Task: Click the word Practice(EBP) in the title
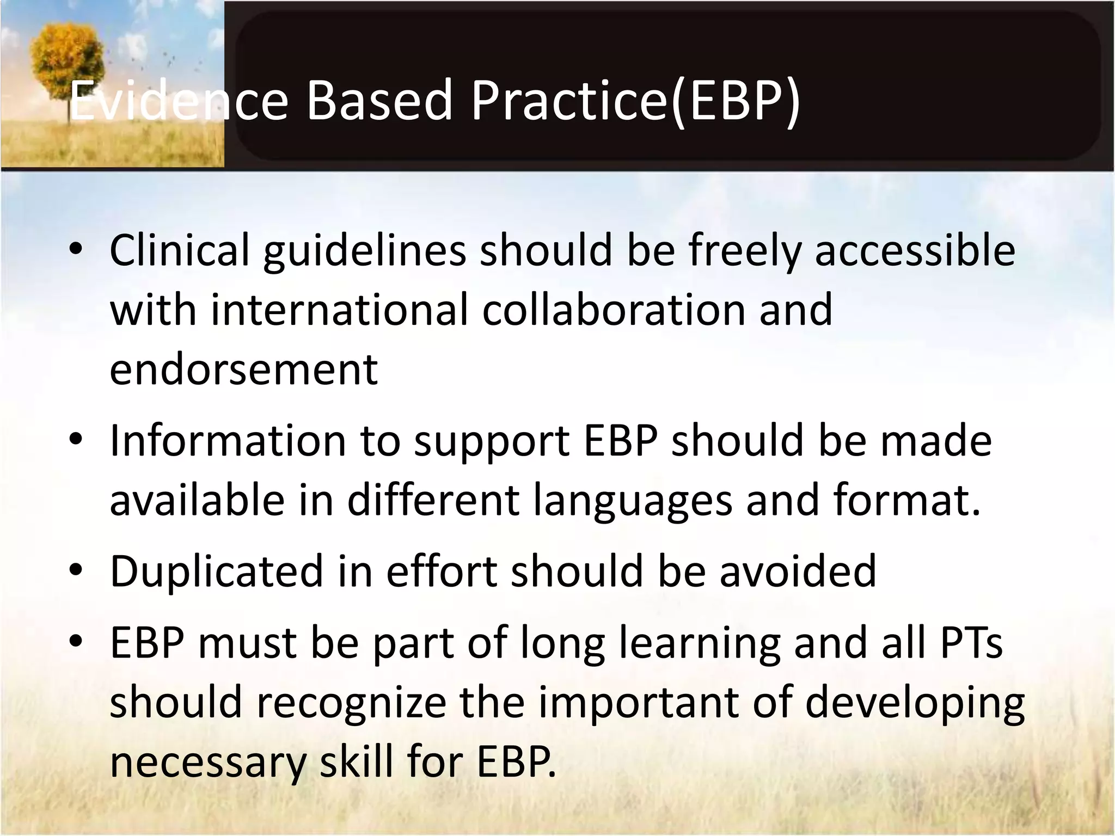tap(635, 101)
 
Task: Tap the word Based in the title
tap(379, 101)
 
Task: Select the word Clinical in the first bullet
tap(179, 250)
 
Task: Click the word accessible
tap(915, 250)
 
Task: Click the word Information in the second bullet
tap(228, 441)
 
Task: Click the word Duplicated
tap(217, 571)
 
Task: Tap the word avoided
tap(798, 571)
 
